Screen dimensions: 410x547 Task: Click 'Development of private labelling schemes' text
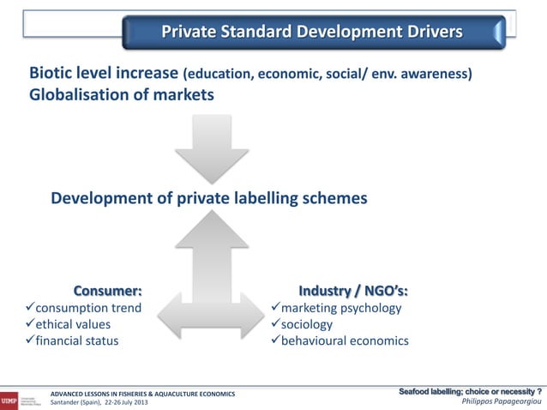(209, 198)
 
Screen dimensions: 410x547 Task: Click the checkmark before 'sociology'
(275, 324)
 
